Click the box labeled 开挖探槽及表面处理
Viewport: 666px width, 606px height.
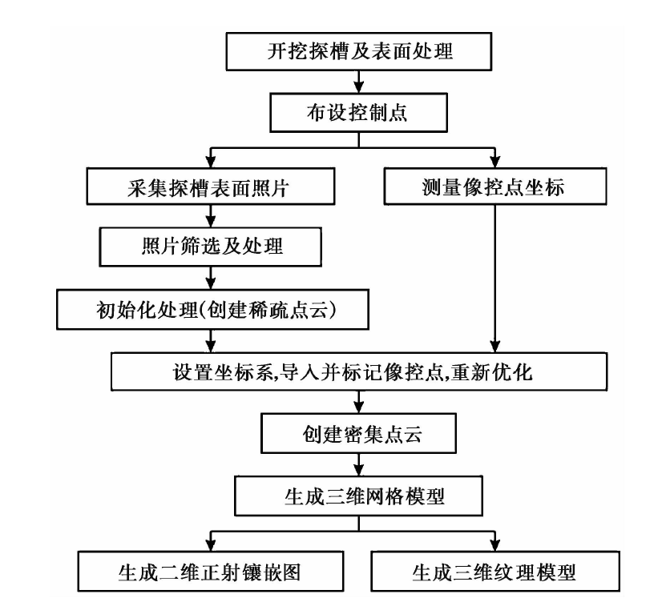[359, 51]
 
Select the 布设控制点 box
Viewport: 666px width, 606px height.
[358, 113]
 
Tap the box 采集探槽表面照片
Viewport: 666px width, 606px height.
[211, 187]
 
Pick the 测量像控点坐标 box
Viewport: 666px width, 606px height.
[495, 187]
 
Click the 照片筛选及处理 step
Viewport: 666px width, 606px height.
[211, 247]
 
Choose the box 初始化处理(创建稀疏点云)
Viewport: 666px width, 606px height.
[213, 309]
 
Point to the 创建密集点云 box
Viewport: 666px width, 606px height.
[358, 433]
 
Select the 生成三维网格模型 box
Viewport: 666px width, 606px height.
[358, 496]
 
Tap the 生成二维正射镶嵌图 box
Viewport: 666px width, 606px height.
[211, 572]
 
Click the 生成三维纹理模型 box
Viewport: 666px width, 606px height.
[495, 572]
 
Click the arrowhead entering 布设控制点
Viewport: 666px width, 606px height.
[359, 87]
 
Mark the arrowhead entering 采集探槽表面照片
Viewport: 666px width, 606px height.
[211, 162]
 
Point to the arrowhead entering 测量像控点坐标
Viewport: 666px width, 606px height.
[495, 162]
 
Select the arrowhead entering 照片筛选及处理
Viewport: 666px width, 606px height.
[211, 222]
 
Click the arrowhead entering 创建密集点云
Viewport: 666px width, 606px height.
[359, 407]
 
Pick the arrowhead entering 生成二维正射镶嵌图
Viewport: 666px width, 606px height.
[211, 545]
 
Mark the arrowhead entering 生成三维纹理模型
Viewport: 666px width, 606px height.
[495, 545]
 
